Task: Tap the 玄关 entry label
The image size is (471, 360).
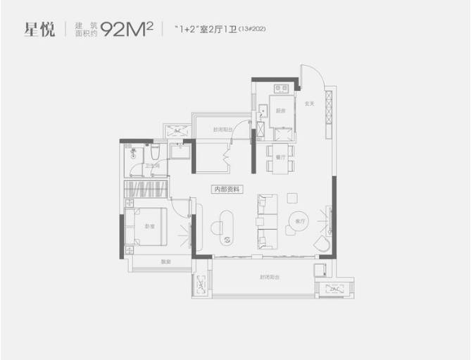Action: pos(308,104)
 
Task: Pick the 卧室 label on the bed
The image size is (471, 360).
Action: pos(149,226)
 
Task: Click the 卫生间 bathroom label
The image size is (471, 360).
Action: pos(152,166)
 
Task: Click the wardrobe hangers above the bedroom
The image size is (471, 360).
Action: pos(145,190)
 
